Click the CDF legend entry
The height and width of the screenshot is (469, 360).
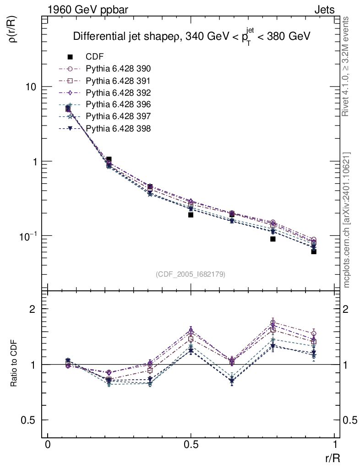tap(94, 57)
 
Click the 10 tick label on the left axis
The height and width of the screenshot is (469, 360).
tap(30, 87)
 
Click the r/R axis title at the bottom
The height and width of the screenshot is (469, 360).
tap(333, 458)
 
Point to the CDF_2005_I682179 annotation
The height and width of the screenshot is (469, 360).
tap(191, 274)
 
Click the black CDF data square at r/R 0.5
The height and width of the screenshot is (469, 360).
tap(191, 214)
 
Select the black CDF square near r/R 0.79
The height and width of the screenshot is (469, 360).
tap(273, 239)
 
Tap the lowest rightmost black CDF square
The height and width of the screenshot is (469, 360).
tap(314, 251)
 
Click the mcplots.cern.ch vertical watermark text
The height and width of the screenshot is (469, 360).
tap(347, 220)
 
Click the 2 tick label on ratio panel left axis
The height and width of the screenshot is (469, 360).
tap(33, 309)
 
